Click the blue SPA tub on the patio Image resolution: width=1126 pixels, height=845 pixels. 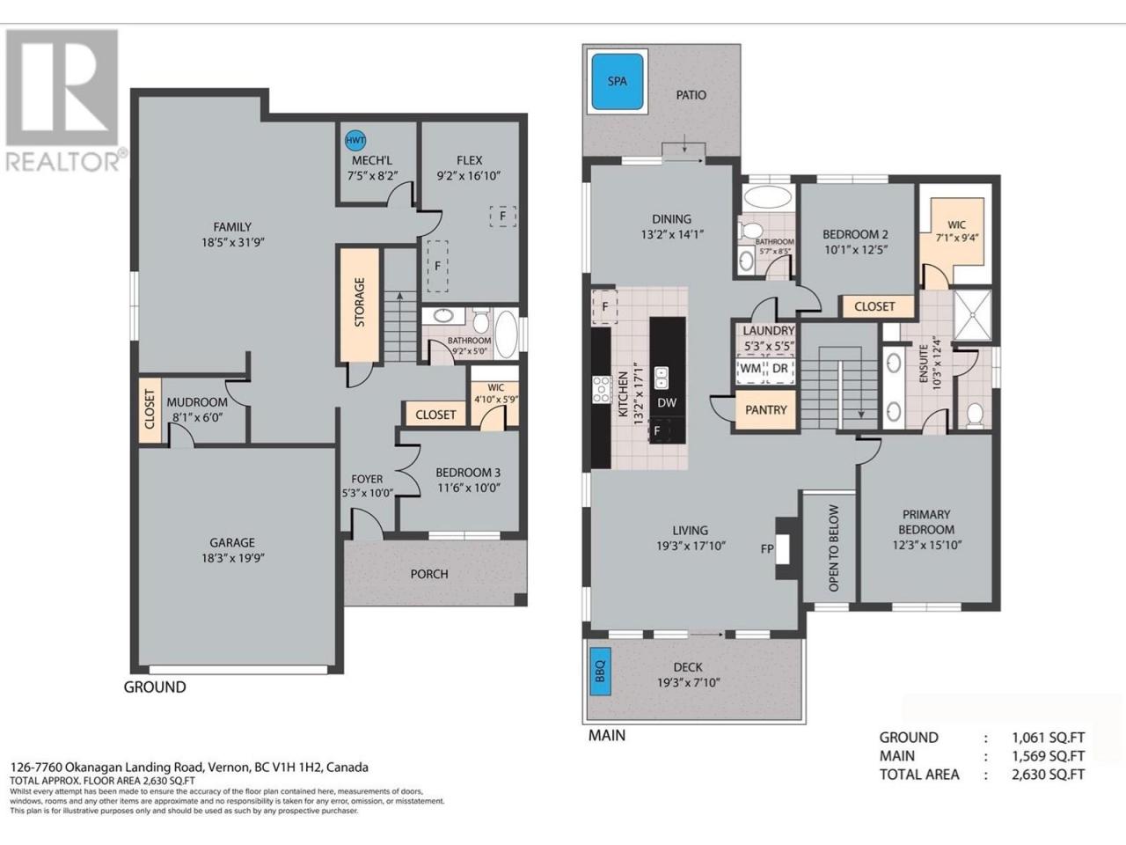click(x=618, y=81)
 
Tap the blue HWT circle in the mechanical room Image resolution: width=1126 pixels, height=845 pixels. click(x=355, y=140)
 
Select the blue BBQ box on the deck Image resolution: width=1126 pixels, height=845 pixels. click(x=600, y=671)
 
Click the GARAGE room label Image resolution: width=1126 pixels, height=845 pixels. click(x=232, y=542)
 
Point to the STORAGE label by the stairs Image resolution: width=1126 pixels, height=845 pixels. click(x=360, y=302)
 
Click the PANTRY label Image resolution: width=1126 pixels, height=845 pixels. click(x=766, y=409)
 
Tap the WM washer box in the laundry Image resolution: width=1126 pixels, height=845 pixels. click(x=750, y=369)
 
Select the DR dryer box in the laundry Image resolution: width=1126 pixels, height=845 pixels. click(x=780, y=369)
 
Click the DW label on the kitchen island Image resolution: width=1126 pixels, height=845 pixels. click(x=667, y=403)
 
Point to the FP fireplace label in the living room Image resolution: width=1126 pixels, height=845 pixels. click(x=767, y=549)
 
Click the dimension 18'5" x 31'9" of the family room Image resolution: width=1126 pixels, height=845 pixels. click(x=232, y=242)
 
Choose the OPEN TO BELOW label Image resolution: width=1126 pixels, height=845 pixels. click(x=833, y=548)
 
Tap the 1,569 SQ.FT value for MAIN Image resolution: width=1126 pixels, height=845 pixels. click(x=1048, y=756)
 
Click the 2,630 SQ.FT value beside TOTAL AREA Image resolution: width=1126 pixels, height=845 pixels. click(x=1048, y=775)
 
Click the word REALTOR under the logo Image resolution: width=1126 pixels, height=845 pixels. click(x=62, y=162)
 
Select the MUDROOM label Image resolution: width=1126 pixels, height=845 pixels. click(x=197, y=402)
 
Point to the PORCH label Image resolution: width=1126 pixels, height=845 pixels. click(x=429, y=574)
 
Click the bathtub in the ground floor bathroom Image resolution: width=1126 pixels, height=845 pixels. click(x=507, y=334)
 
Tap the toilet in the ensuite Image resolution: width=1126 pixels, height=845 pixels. click(x=975, y=415)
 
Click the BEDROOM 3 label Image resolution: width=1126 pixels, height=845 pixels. click(x=468, y=473)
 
